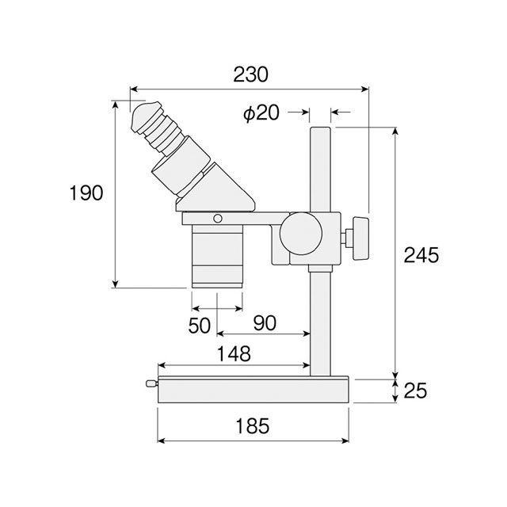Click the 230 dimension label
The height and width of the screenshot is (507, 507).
tap(250, 74)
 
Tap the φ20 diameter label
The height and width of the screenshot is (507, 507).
tap(261, 113)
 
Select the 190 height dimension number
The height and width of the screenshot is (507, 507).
tap(86, 193)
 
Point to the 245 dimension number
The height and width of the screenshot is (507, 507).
tap(421, 255)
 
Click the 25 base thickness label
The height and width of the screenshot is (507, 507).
tap(415, 391)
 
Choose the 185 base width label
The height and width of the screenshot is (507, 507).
tap(253, 426)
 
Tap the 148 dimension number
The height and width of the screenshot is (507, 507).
tap(234, 354)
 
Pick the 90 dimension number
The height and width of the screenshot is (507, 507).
tap(265, 323)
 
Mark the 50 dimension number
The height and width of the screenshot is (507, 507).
tap(200, 326)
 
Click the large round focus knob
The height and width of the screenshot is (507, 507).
tap(301, 233)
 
